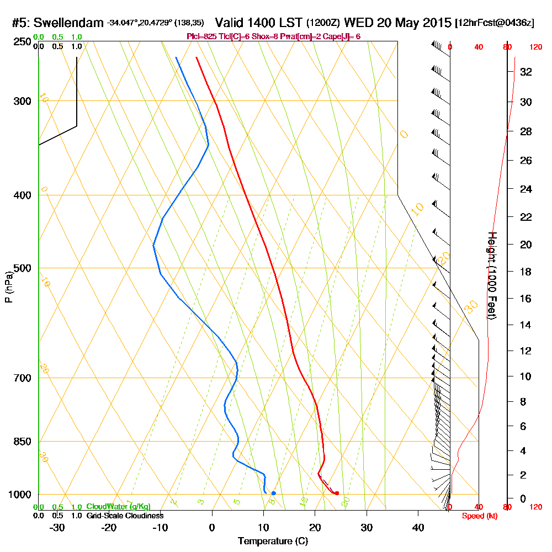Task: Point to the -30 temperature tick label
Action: pos(57,527)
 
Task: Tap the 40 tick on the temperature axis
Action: pos(418,527)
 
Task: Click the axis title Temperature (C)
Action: pos(273,541)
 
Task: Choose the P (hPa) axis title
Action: pos(8,287)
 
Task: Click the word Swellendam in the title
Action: pos(69,23)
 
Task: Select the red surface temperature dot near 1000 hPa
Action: pos(337,493)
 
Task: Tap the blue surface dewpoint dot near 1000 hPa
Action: pos(274,493)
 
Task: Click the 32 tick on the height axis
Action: pos(526,72)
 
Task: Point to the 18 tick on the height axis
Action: pos(526,272)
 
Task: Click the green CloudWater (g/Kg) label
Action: pos(118,507)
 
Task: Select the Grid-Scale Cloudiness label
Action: pos(125,516)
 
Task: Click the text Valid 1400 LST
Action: pos(258,23)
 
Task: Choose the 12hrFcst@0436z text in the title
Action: pos(495,23)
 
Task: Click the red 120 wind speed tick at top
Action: pos(535,47)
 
